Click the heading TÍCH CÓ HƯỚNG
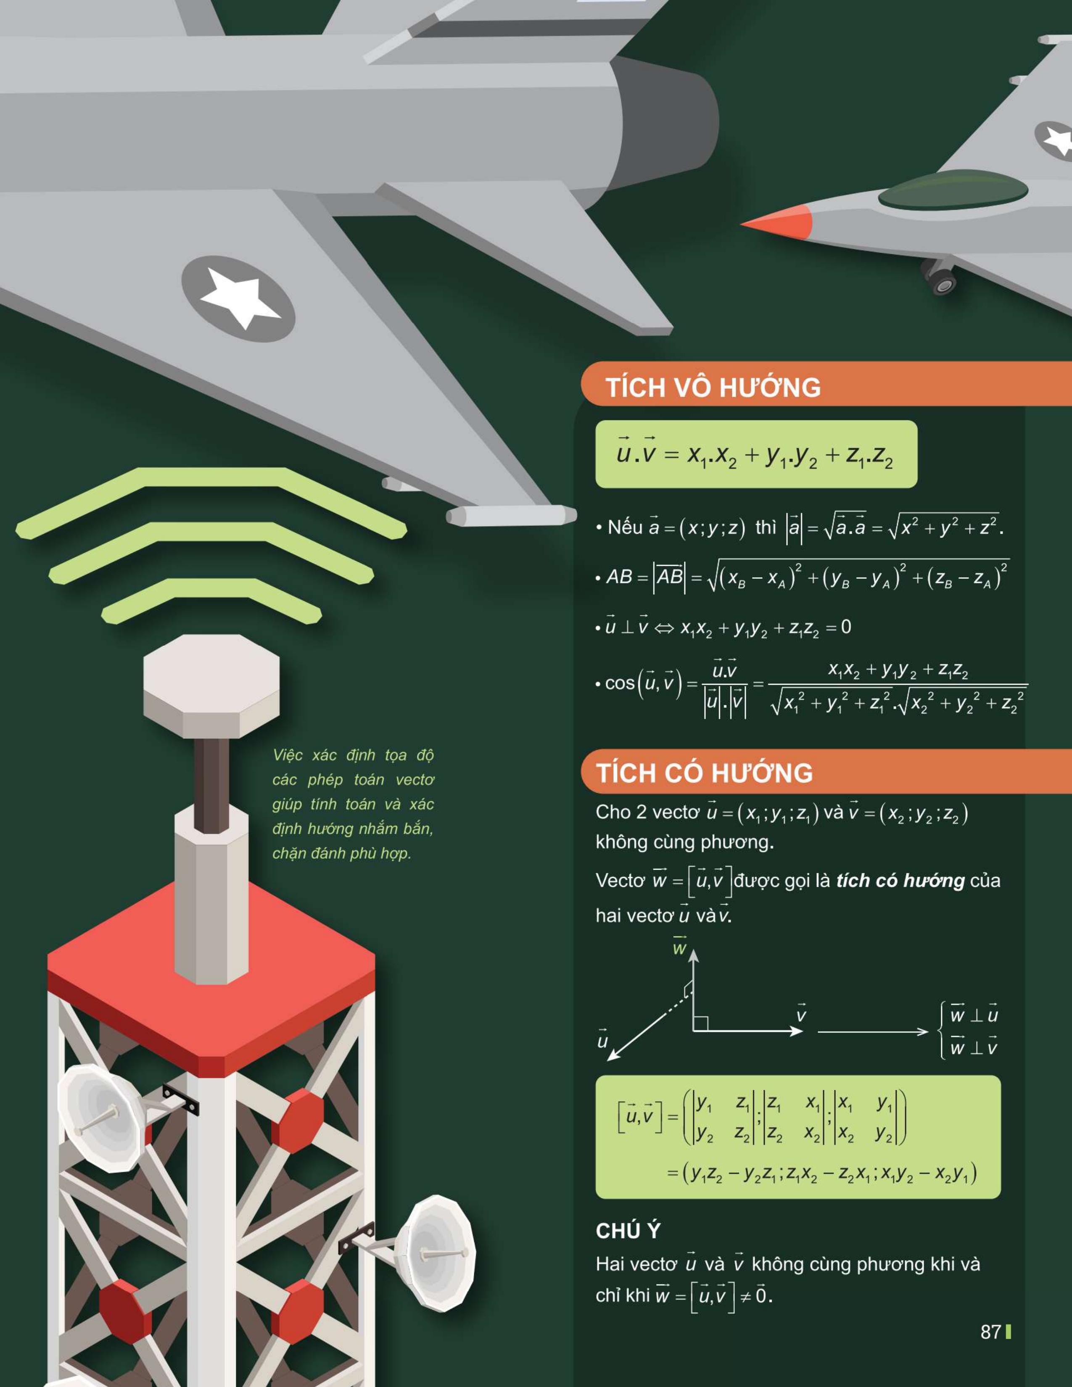point(704,773)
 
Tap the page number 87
point(991,1332)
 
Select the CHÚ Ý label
point(628,1231)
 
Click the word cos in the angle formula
point(620,683)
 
